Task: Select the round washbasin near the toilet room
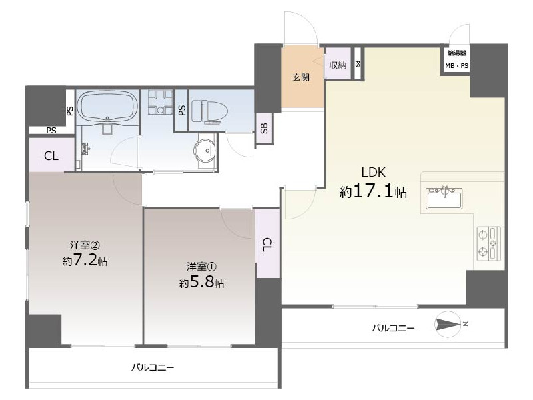tap(205, 150)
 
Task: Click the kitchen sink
tap(444, 198)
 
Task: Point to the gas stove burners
tap(488, 243)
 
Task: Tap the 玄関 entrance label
tap(301, 77)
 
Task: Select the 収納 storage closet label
tap(338, 65)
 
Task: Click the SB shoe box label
tap(264, 128)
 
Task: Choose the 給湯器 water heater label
tap(457, 53)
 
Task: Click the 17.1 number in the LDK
tap(374, 191)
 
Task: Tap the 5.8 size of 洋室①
tap(201, 282)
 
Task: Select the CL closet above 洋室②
tap(51, 156)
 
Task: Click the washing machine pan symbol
tap(160, 102)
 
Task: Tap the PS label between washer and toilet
tap(182, 110)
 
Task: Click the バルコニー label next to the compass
tap(393, 328)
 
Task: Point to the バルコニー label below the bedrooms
tap(153, 367)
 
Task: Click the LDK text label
tap(374, 173)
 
